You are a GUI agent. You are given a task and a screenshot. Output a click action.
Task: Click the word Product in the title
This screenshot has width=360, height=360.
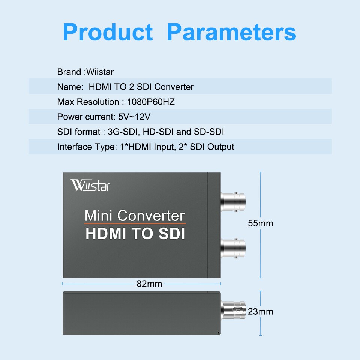[108, 32]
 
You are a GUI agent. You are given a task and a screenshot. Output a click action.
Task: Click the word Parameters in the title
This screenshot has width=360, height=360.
[231, 32]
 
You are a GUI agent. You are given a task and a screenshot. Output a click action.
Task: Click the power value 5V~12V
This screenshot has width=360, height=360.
[134, 117]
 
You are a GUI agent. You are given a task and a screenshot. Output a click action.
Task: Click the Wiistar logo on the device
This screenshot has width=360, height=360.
[90, 185]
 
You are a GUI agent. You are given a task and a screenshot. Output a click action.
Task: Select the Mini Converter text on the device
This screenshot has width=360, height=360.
[135, 216]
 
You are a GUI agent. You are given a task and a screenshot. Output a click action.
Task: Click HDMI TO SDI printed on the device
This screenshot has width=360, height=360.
[135, 234]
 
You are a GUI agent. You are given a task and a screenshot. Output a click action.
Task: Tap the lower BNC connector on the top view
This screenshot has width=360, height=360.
[233, 247]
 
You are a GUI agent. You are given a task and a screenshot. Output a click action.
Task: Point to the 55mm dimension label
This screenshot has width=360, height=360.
[261, 223]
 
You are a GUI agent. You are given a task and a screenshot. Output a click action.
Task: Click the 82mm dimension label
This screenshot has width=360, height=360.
[149, 284]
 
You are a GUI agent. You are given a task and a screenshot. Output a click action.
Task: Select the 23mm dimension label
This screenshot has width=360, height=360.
[261, 312]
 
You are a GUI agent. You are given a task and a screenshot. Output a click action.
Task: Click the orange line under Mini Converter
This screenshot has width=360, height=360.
[135, 224]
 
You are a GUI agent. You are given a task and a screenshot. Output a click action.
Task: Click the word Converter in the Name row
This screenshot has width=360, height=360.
[174, 87]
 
